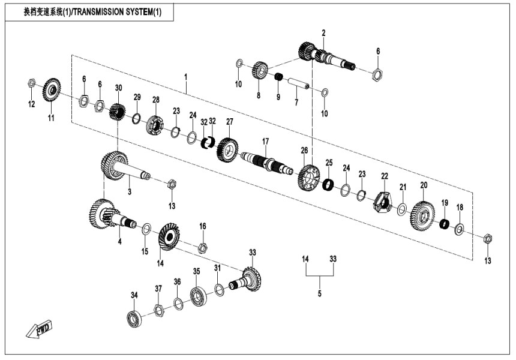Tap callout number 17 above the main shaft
click(x=265, y=141)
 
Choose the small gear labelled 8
click(x=259, y=70)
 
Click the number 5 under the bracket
click(x=319, y=293)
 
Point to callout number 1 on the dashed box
click(x=186, y=77)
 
